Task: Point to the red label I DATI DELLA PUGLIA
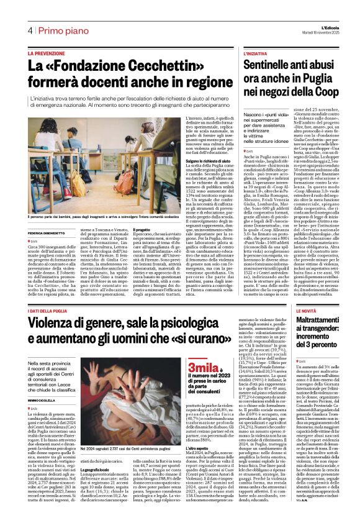pyautogui.click(x=52, y=293)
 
